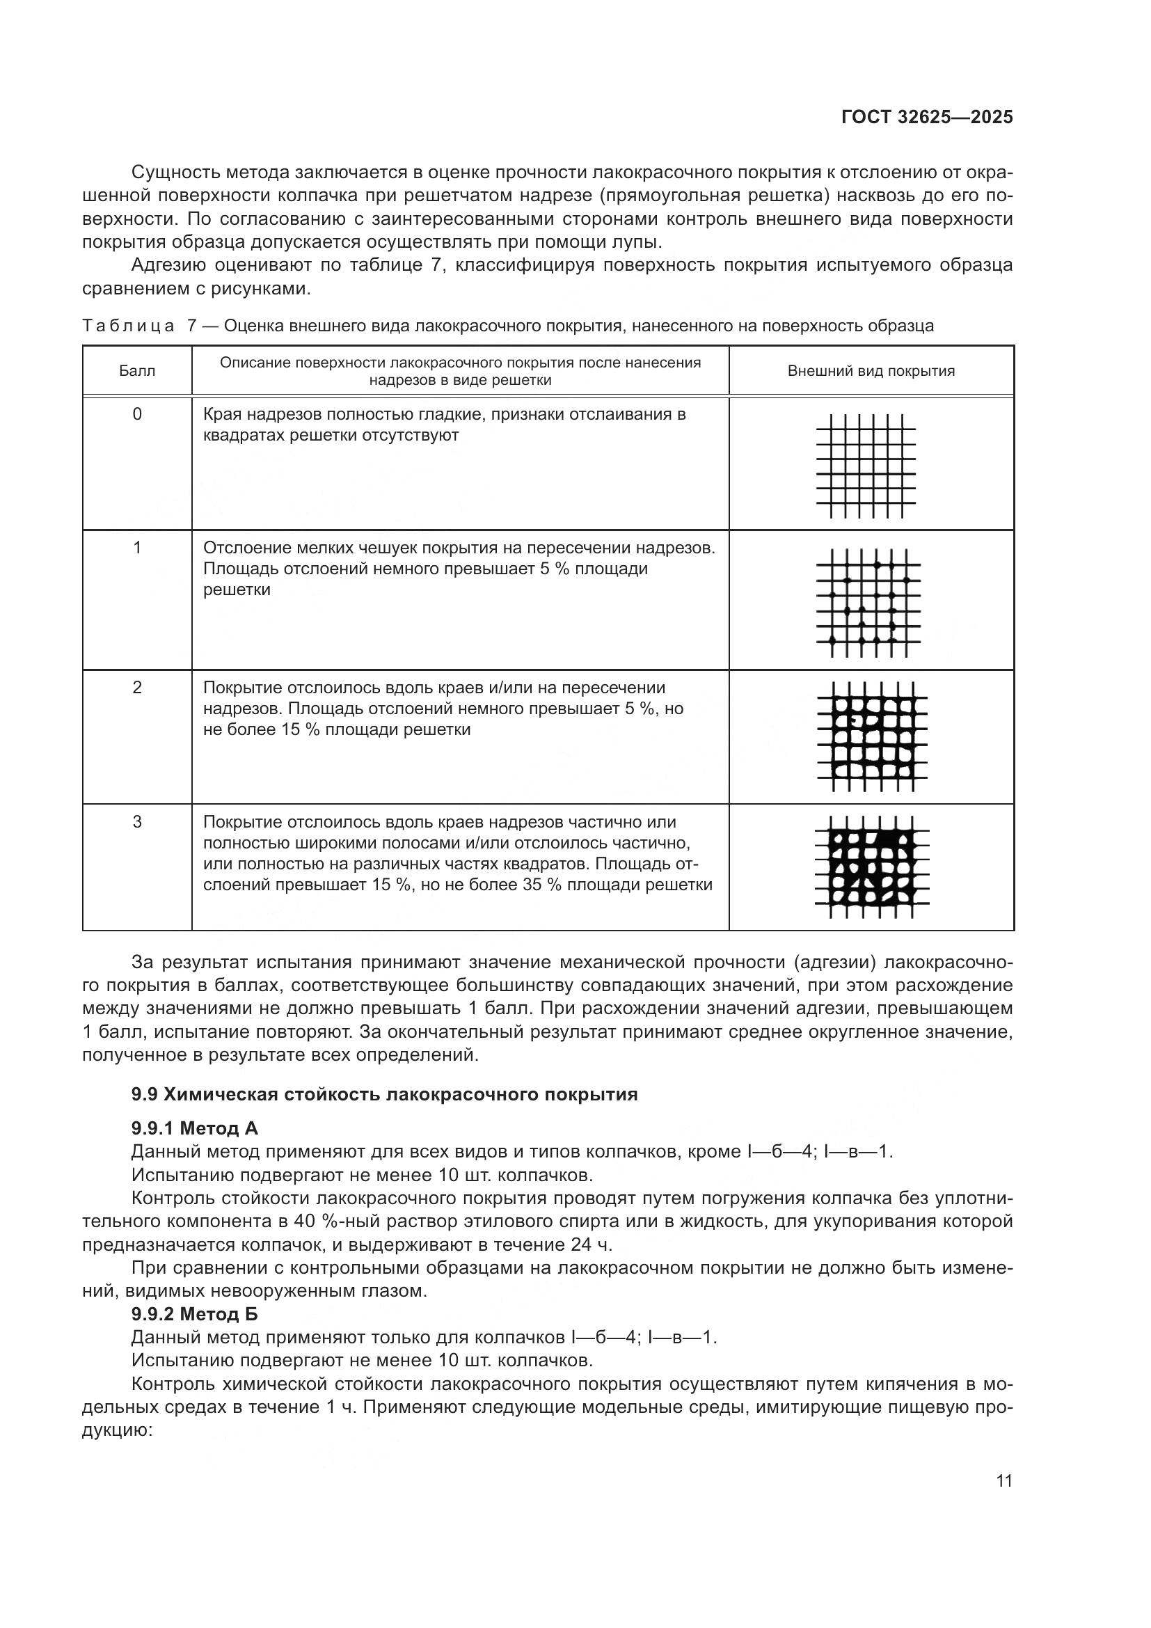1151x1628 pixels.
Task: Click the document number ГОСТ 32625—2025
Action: (926, 117)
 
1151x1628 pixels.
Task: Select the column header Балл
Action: (137, 371)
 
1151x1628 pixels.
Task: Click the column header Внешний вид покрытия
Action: (871, 371)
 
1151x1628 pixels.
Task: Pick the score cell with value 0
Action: (137, 414)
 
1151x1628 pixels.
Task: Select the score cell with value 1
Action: (137, 547)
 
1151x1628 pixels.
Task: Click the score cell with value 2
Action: (137, 687)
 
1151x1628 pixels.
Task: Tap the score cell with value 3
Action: (137, 822)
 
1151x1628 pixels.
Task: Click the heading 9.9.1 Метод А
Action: (194, 1128)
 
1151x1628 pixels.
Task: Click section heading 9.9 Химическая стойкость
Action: (384, 1094)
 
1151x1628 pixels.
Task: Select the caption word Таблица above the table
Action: (128, 326)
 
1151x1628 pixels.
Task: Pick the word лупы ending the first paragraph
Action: (640, 242)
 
